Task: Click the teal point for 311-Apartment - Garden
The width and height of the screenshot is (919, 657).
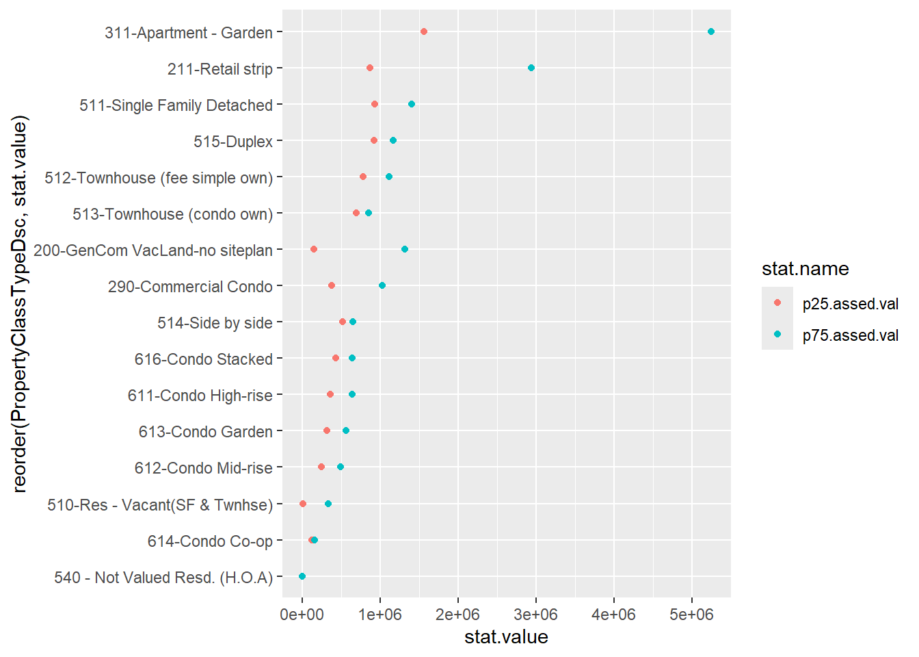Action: pos(710,31)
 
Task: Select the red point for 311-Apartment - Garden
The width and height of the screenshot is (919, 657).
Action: pos(424,31)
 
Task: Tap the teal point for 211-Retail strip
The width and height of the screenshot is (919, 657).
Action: pos(531,68)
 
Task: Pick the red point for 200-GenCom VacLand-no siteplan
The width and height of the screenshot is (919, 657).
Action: pos(314,249)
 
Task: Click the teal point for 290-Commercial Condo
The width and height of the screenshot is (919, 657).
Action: pos(382,285)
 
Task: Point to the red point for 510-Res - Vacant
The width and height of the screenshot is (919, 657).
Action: pos(303,504)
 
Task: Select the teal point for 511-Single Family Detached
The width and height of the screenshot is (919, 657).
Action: pos(412,104)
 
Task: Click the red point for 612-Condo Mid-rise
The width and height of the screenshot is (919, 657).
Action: pos(321,467)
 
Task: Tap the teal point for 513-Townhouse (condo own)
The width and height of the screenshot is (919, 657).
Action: pos(369,213)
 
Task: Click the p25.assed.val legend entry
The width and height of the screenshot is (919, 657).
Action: pos(850,304)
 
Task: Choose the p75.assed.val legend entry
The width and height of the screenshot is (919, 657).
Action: pos(850,335)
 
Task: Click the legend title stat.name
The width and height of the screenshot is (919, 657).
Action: pos(805,269)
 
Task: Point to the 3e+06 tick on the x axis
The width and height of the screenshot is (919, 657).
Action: pos(536,615)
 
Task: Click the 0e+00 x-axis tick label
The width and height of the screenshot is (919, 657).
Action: pos(302,615)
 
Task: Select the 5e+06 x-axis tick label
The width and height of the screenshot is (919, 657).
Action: pos(691,615)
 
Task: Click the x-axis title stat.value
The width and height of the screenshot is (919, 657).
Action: pos(506,637)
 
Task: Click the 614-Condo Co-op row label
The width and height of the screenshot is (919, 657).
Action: pos(210,541)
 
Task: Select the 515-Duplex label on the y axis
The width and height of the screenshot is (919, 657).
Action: pos(233,142)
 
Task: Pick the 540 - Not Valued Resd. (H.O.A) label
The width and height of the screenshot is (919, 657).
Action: pos(163,578)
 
